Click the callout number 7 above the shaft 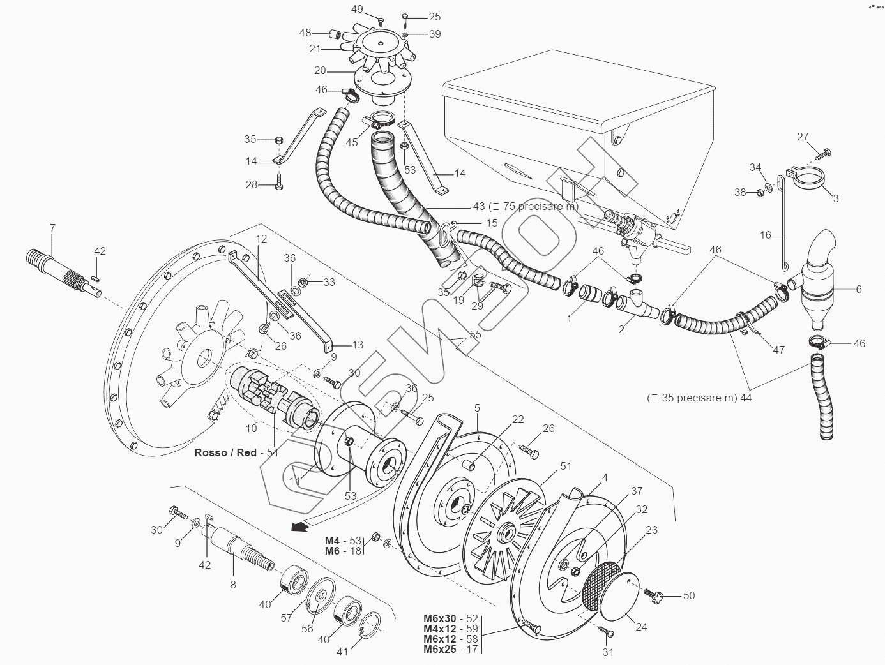click(x=52, y=228)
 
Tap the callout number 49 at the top click(x=357, y=10)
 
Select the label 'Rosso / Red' click(x=225, y=452)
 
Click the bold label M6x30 click(x=440, y=618)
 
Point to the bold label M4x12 click(x=440, y=629)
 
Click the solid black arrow click(x=298, y=526)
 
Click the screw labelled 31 click(x=606, y=631)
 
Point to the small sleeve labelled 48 click(x=335, y=34)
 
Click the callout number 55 click(x=476, y=334)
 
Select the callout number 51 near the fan click(x=566, y=466)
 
